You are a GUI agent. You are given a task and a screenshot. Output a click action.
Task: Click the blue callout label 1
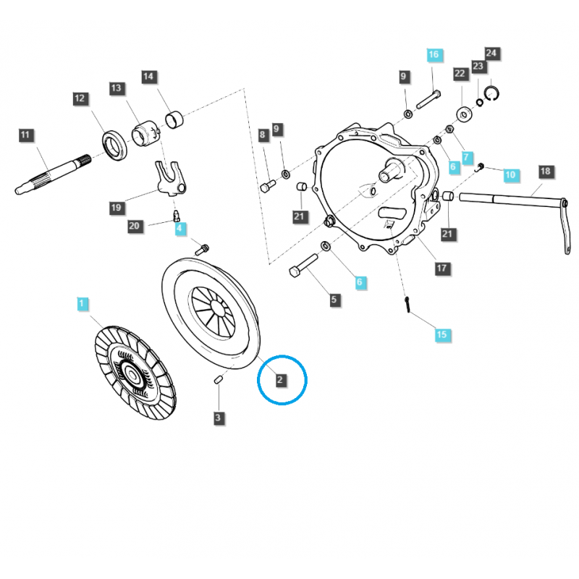[82, 304]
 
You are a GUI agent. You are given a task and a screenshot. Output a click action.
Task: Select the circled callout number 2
[279, 379]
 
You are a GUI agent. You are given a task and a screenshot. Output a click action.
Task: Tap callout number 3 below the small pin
[219, 418]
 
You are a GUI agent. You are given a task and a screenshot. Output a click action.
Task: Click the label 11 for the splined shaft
[25, 135]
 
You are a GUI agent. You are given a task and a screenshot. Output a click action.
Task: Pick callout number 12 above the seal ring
[80, 98]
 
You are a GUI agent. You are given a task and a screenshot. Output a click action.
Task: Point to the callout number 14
[148, 77]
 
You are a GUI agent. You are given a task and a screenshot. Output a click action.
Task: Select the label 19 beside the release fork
[117, 208]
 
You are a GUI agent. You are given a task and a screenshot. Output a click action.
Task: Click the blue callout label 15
[442, 335]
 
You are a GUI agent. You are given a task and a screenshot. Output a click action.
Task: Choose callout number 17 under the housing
[442, 269]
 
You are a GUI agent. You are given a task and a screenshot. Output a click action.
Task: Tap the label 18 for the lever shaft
[546, 172]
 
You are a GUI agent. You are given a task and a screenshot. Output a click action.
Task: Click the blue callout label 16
[434, 55]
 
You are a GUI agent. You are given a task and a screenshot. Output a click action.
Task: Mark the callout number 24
[491, 53]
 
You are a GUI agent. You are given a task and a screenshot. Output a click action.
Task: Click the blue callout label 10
[511, 174]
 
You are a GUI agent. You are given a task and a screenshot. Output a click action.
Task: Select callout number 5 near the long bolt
[334, 300]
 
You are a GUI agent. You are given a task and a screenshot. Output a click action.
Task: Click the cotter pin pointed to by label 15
[407, 305]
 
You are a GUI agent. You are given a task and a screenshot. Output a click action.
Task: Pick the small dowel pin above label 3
[218, 379]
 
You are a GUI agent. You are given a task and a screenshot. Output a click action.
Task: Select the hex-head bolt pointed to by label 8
[268, 185]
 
